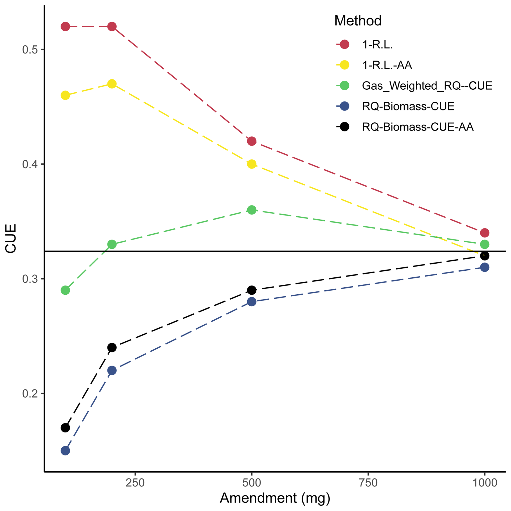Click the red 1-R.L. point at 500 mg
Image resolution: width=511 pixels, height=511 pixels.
[252, 141]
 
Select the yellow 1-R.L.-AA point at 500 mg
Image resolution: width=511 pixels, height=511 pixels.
[252, 164]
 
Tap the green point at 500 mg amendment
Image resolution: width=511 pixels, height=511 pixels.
[252, 210]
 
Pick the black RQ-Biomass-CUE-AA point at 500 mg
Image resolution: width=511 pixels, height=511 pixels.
[252, 290]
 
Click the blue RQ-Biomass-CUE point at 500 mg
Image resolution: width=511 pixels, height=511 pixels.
[252, 301]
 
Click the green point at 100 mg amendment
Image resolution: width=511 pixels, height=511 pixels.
[65, 290]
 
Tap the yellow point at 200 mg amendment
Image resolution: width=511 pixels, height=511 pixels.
[112, 84]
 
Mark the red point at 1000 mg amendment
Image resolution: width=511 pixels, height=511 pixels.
[485, 233]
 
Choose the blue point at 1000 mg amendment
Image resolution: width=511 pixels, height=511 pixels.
[485, 267]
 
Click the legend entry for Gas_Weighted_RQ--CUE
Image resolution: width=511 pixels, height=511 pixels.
[427, 86]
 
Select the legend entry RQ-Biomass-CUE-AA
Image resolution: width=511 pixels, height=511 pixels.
[418, 127]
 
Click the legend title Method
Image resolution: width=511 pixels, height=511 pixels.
[358, 21]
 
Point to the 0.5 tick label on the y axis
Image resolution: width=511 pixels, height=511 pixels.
[30, 50]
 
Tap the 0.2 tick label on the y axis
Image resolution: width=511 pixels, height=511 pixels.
[30, 394]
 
